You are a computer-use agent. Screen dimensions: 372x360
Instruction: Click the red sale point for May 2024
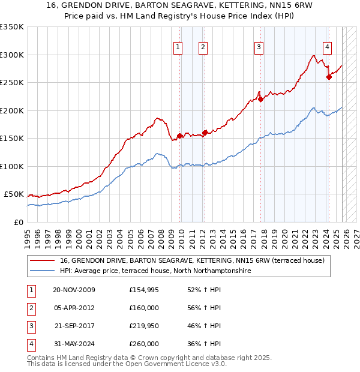[x=329, y=77]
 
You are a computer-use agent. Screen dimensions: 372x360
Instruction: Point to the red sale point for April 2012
[x=205, y=133]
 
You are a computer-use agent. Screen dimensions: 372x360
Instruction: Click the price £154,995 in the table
[x=144, y=290]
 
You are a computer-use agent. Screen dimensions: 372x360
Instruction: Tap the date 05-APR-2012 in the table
[x=74, y=308]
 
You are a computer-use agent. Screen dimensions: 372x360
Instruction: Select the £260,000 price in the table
[x=144, y=344]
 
